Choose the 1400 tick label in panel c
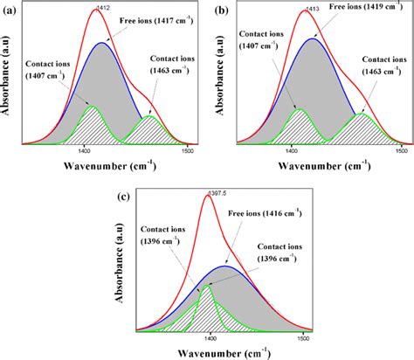(x=210, y=334)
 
